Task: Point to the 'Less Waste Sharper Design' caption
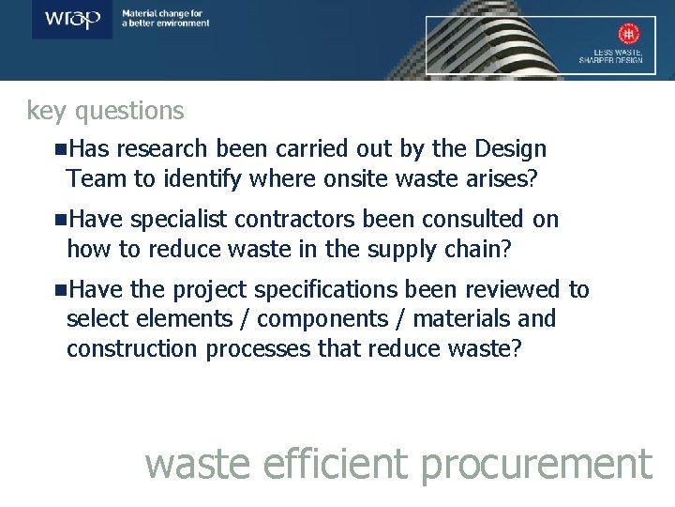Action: point(610,55)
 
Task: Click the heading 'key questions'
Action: point(105,111)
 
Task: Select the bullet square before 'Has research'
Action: point(61,149)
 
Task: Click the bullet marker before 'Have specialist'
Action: point(61,220)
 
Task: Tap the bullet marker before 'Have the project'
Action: point(61,290)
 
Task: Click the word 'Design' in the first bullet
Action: point(511,149)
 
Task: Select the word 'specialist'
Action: point(179,220)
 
